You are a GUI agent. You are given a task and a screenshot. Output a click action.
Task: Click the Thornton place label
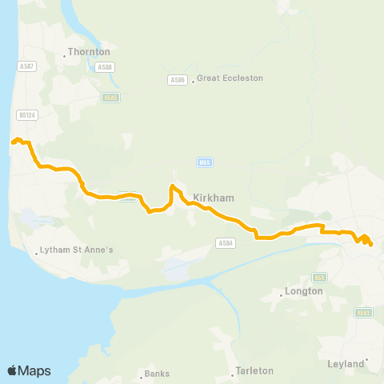(90, 51)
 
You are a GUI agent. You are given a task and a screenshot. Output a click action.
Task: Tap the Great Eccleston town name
(230, 78)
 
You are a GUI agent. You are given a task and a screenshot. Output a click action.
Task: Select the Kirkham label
(212, 195)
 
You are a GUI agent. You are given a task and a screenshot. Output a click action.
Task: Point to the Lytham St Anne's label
(78, 250)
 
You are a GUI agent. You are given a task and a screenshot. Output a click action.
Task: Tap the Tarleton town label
(254, 371)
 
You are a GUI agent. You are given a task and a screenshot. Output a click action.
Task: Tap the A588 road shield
(103, 68)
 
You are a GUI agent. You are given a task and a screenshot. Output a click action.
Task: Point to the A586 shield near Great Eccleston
(177, 79)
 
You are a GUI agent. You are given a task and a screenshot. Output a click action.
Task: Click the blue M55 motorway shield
(203, 162)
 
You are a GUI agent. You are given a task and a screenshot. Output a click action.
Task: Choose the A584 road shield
(225, 243)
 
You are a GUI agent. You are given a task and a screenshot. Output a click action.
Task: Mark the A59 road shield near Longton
(320, 277)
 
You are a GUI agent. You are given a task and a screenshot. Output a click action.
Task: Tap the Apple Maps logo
(29, 370)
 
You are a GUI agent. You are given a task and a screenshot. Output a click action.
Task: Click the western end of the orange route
(12, 142)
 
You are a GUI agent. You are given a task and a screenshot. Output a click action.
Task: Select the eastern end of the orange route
(371, 244)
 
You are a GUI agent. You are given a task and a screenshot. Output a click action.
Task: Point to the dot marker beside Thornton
(65, 56)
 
